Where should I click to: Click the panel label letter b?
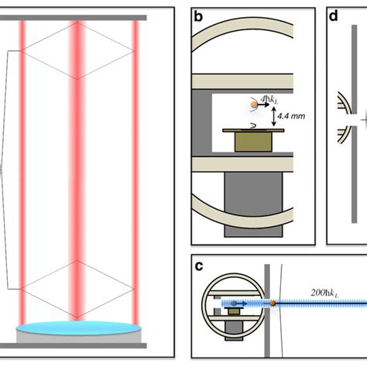199,16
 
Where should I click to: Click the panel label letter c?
199,267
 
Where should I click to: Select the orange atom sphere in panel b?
254,104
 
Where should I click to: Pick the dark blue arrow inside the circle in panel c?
235,304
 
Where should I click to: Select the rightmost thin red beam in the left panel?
135,170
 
